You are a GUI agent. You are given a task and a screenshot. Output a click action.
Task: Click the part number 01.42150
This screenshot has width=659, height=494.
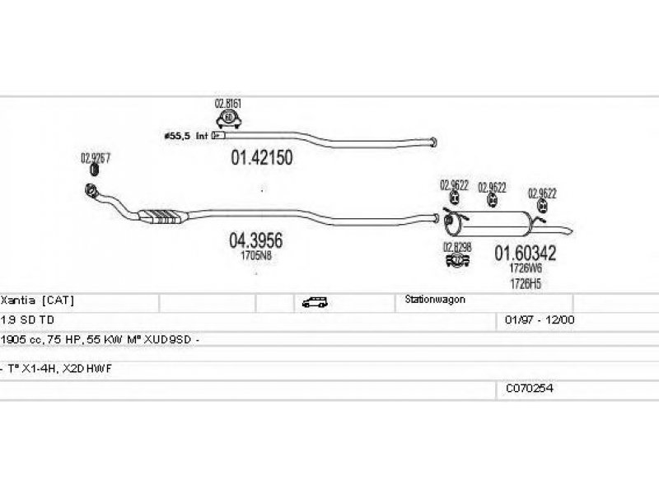click(x=259, y=156)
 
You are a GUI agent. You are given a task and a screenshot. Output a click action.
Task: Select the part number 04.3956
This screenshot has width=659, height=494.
click(x=255, y=241)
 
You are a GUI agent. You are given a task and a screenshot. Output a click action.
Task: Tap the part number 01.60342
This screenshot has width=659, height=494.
click(x=525, y=254)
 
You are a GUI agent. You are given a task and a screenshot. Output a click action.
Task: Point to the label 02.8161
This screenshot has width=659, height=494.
click(x=227, y=104)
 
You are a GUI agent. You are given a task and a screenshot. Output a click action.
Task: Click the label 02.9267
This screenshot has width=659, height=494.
click(x=95, y=157)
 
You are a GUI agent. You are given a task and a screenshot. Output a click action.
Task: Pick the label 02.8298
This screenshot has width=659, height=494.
click(x=456, y=246)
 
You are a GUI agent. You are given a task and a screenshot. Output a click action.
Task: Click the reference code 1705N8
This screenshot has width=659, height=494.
click(x=256, y=256)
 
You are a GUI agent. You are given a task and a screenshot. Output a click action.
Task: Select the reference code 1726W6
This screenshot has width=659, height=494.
click(x=525, y=268)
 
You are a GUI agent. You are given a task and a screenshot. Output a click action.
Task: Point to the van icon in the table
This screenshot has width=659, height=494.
click(x=314, y=302)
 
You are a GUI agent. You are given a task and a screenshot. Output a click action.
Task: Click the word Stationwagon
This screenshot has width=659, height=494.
click(x=435, y=301)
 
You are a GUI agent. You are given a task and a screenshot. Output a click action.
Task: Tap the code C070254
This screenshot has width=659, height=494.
click(x=530, y=388)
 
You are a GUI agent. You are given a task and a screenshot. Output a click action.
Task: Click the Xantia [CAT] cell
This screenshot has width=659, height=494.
click(x=32, y=301)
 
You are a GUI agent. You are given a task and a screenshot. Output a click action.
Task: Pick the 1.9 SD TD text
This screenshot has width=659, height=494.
click(x=29, y=319)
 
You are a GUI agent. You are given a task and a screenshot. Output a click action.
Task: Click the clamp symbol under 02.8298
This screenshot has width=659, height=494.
click(x=456, y=261)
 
